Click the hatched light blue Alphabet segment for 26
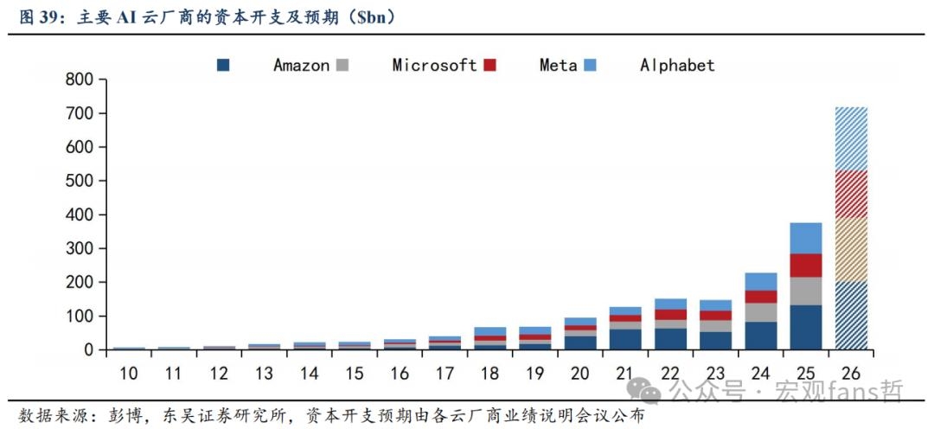tap(851, 139)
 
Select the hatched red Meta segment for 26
tap(851, 194)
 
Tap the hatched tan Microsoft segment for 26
tap(851, 249)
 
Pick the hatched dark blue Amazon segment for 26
tap(851, 316)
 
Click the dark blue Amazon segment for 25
tap(806, 328)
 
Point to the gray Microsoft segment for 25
tap(806, 291)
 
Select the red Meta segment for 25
tap(806, 266)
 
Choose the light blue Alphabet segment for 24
tap(761, 282)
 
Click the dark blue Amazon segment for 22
tap(670, 339)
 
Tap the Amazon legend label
tap(302, 65)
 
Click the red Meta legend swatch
tap(489, 65)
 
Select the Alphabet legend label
tap(677, 65)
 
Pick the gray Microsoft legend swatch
tap(342, 65)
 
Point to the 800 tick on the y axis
tap(104, 80)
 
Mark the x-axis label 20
tap(579, 374)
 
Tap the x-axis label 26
tap(851, 374)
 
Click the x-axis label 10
tap(129, 374)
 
